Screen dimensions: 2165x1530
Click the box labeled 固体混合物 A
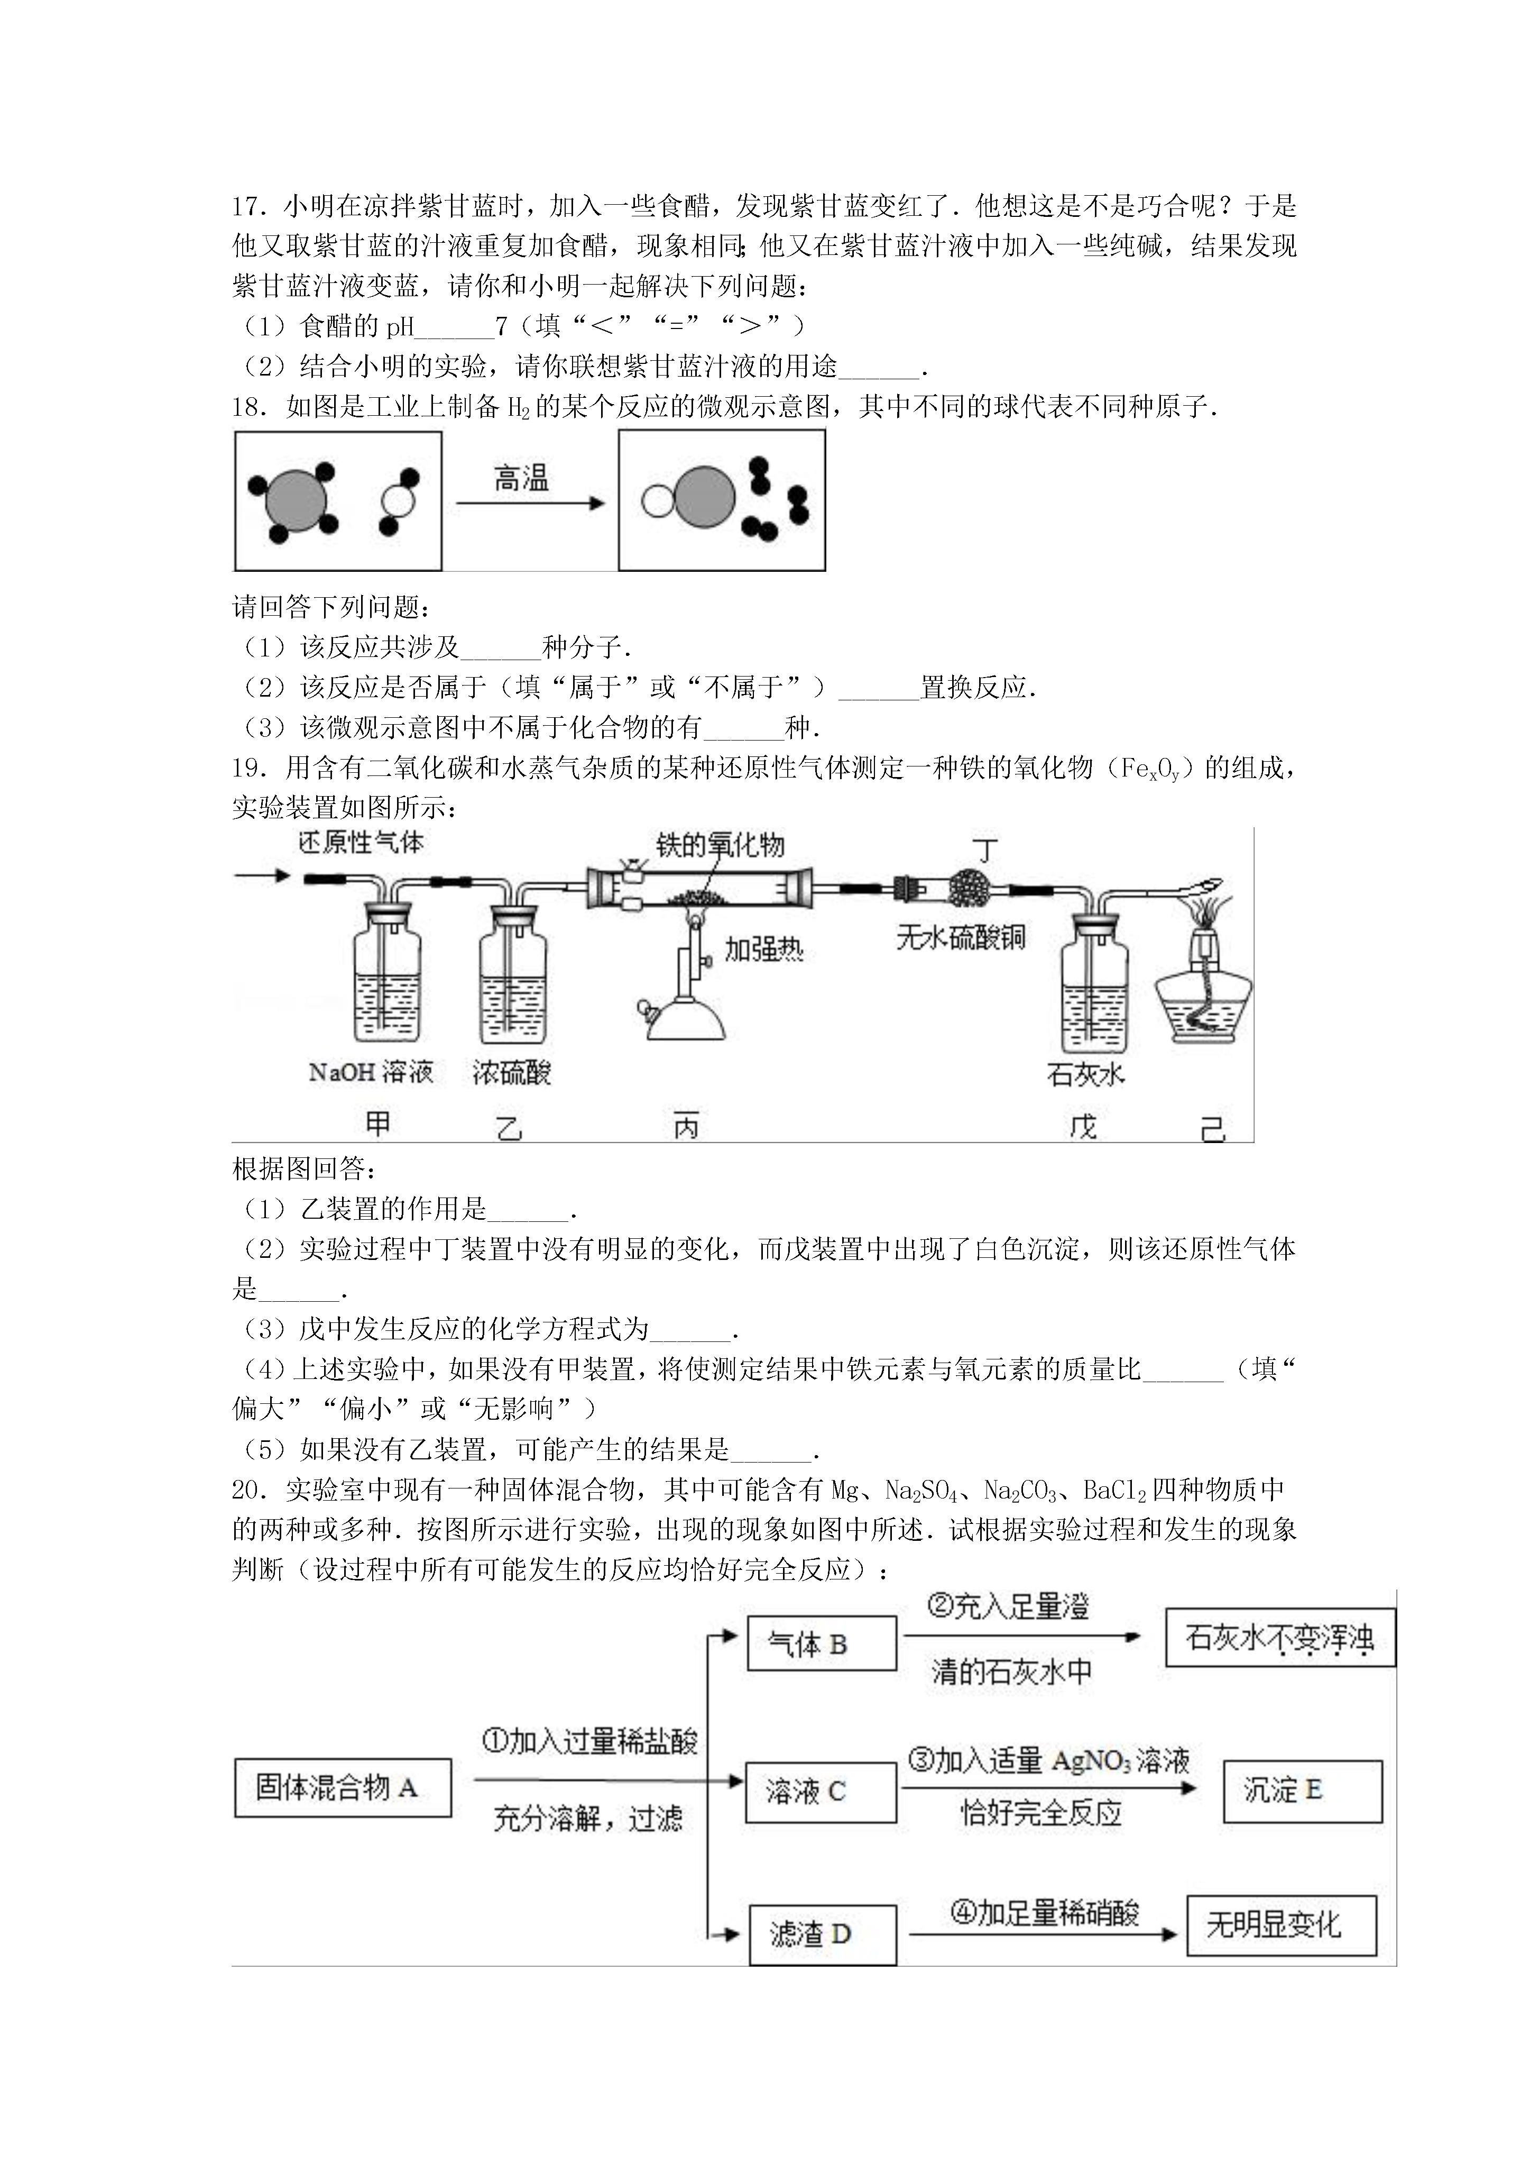click(342, 1788)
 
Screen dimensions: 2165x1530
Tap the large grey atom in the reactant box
click(296, 501)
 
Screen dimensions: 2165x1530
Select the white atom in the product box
click(657, 501)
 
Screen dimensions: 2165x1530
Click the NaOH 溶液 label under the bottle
click(371, 1072)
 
